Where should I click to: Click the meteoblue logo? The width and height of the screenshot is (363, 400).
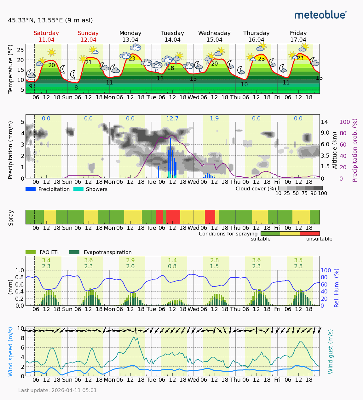pyautogui.click(x=320, y=15)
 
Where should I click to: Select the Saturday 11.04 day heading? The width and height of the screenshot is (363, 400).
pyautogui.click(x=46, y=36)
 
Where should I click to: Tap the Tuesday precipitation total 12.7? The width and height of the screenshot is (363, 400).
pyautogui.click(x=172, y=119)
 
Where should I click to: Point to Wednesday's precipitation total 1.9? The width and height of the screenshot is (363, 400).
pyautogui.click(x=214, y=119)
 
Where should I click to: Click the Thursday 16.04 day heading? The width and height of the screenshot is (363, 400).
pyautogui.click(x=256, y=36)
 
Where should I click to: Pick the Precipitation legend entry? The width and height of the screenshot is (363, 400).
pyautogui.click(x=48, y=189)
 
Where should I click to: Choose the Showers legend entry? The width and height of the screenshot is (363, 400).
pyautogui.click(x=90, y=189)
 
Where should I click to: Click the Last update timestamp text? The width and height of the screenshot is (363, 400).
pyautogui.click(x=57, y=390)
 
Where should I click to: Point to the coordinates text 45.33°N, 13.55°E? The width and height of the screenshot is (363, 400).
pyautogui.click(x=50, y=20)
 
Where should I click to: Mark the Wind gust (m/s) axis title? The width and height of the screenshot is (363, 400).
pyautogui.click(x=331, y=351)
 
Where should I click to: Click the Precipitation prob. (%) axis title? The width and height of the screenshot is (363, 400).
pyautogui.click(x=355, y=150)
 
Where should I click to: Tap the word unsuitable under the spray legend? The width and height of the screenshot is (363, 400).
pyautogui.click(x=319, y=239)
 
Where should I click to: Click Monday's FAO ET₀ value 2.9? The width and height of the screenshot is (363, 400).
pyautogui.click(x=130, y=260)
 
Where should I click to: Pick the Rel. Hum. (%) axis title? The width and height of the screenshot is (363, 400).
pyautogui.click(x=337, y=288)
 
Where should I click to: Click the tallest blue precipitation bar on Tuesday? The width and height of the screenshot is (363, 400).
pyautogui.click(x=170, y=158)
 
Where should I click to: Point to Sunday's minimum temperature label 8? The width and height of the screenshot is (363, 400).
pyautogui.click(x=76, y=88)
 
